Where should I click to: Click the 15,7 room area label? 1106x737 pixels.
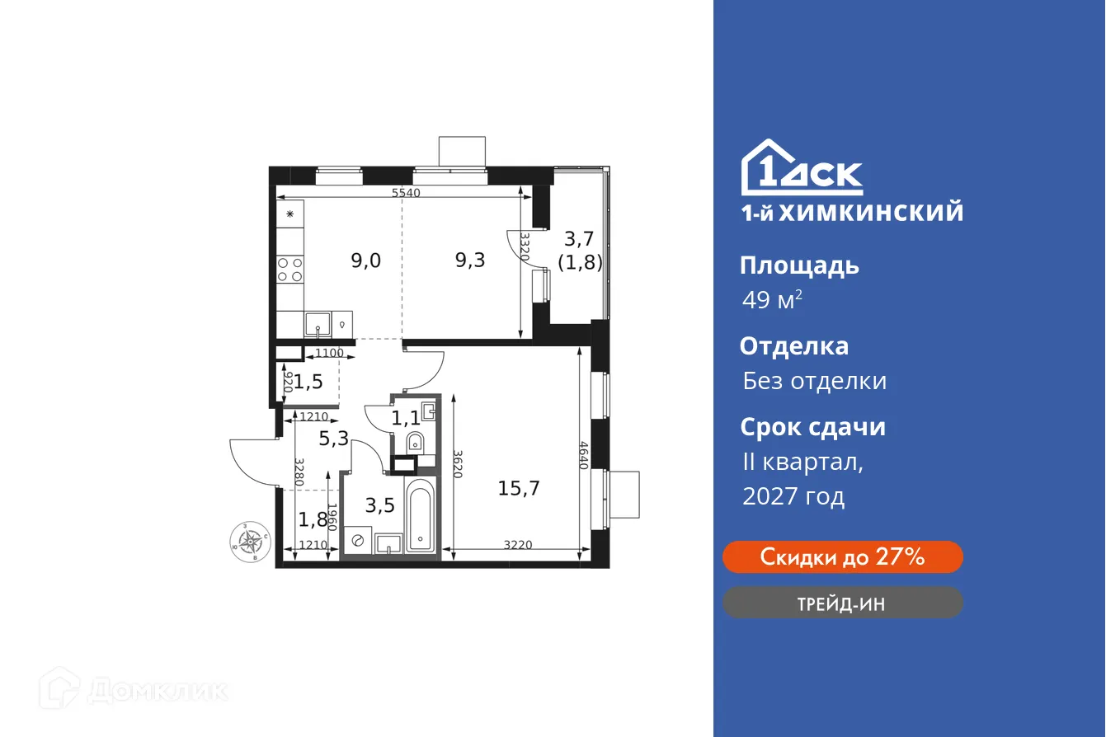(x=519, y=488)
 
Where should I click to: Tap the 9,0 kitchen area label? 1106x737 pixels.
(x=365, y=261)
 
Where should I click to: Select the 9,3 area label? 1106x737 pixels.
(x=470, y=261)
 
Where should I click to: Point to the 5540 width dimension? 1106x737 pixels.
(x=406, y=193)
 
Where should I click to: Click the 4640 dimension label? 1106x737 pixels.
(x=584, y=455)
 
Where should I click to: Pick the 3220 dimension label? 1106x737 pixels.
(x=519, y=545)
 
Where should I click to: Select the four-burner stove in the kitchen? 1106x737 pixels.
(x=289, y=270)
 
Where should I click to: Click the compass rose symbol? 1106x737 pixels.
(x=251, y=542)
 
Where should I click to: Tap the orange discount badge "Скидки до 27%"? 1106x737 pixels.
(x=842, y=557)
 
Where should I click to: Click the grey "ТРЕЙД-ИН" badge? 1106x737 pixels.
(x=842, y=603)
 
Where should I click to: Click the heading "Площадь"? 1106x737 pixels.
(x=799, y=265)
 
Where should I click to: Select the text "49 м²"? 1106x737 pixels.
(x=772, y=301)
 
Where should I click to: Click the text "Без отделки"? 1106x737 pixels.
(x=814, y=381)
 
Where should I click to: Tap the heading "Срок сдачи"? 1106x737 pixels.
(x=812, y=427)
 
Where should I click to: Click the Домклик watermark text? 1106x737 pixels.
(x=157, y=690)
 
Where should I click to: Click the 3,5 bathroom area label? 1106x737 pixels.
(x=380, y=505)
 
